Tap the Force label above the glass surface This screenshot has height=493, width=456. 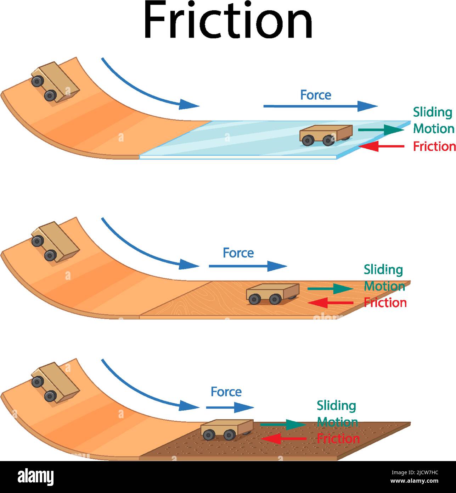(x=315, y=95)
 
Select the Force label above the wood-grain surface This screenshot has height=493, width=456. (x=238, y=253)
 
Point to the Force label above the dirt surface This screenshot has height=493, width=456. (x=226, y=392)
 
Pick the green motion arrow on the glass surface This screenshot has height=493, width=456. (x=381, y=130)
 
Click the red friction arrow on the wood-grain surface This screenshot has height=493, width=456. (x=331, y=303)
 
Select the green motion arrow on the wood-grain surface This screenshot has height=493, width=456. (x=330, y=289)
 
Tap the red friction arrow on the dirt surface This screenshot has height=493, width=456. (x=284, y=439)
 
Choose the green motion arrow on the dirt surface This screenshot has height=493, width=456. (x=283, y=424)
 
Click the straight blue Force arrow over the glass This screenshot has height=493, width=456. (x=320, y=106)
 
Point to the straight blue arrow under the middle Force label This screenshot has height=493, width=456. (x=247, y=266)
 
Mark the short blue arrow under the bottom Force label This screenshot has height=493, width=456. (x=230, y=408)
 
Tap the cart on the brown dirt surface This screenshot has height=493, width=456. (x=227, y=429)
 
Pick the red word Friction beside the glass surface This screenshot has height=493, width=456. (x=434, y=146)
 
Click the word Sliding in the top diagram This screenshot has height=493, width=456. (x=433, y=112)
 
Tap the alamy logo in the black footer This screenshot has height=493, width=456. (x=35, y=477)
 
